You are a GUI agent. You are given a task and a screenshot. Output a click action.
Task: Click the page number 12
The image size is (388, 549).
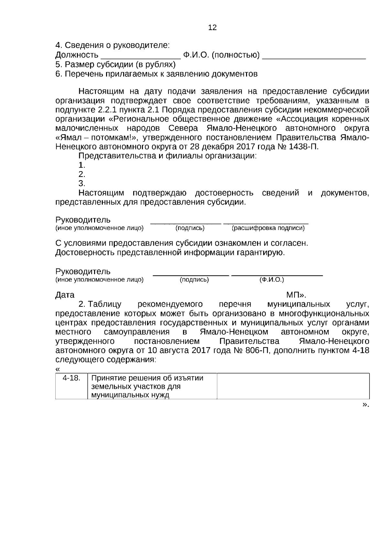pos(212,27)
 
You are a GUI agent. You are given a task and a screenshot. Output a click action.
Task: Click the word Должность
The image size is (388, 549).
pos(77,55)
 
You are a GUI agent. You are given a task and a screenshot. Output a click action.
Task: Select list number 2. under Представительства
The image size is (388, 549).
pos(82,174)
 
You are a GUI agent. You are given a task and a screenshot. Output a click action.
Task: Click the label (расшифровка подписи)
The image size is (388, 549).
pos(268,228)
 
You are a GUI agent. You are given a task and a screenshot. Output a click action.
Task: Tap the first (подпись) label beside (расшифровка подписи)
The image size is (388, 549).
pos(190,228)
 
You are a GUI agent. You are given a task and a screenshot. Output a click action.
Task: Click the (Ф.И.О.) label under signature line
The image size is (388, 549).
pos(272,280)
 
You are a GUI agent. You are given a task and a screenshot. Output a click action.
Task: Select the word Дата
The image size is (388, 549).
pos(65,295)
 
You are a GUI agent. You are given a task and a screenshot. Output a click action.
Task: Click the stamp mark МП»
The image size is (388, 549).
pos(296,295)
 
